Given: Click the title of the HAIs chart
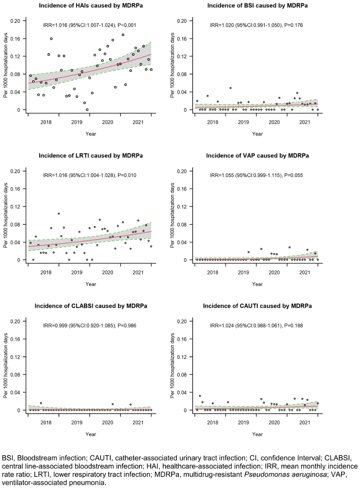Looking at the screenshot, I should [91, 5].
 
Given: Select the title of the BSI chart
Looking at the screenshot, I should [257, 5].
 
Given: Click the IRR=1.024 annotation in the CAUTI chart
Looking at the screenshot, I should [256, 326].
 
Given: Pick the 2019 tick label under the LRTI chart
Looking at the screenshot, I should [77, 272].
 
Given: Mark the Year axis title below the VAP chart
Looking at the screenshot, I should [257, 284].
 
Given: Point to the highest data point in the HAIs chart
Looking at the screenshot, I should [123, 35].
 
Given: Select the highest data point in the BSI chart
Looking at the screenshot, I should [231, 88].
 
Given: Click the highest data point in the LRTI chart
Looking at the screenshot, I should [59, 214].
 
